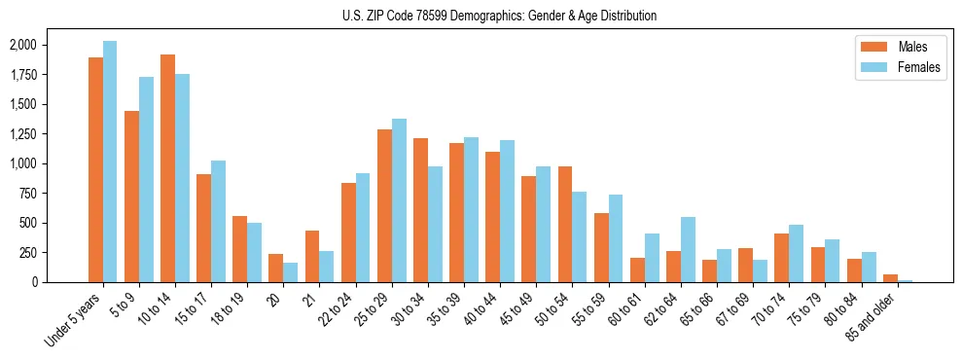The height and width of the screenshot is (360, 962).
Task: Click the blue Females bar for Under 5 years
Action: (x=110, y=162)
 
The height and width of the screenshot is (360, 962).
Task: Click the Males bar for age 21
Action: (x=312, y=256)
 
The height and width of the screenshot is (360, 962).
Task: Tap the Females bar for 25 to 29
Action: (x=399, y=200)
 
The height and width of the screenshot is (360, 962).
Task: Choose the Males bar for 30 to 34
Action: (x=420, y=210)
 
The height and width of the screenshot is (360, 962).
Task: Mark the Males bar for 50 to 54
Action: (x=565, y=224)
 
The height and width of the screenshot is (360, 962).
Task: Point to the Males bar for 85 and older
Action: (x=890, y=278)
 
